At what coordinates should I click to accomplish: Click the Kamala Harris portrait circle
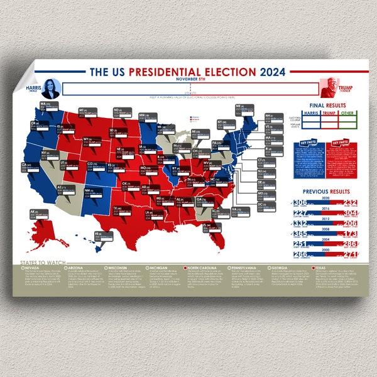(x=51, y=88)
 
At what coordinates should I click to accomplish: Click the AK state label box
(x=38, y=214)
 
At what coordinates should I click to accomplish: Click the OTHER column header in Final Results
(x=347, y=113)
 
